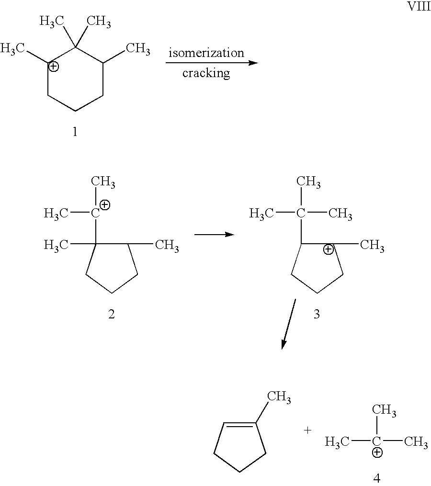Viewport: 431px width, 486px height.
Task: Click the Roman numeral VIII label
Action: [x=418, y=6]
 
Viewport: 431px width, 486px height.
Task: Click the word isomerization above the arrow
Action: [x=206, y=53]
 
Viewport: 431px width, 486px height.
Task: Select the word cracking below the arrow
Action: [x=206, y=73]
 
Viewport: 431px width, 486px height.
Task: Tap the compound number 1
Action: [x=75, y=132]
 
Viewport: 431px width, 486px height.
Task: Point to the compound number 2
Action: [x=111, y=314]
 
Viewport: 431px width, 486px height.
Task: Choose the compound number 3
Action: [x=316, y=314]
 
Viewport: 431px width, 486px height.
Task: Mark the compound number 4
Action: [x=376, y=478]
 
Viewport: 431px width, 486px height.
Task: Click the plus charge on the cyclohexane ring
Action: [x=54, y=67]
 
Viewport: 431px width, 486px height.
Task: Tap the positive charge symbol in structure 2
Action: [x=105, y=205]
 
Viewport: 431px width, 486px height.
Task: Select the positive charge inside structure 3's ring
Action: [x=328, y=249]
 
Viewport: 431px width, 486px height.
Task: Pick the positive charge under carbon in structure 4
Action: [x=377, y=453]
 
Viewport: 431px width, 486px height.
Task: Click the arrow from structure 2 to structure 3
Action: [x=214, y=234]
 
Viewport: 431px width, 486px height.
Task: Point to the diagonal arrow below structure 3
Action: [x=288, y=324]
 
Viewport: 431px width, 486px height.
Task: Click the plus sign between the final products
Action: [x=307, y=430]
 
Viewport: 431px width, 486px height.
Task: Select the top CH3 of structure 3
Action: [x=308, y=182]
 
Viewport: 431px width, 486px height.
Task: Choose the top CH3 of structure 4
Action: [x=384, y=410]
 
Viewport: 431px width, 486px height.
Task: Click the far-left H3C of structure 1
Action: [x=12, y=49]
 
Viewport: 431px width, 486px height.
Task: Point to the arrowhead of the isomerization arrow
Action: [x=253, y=63]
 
